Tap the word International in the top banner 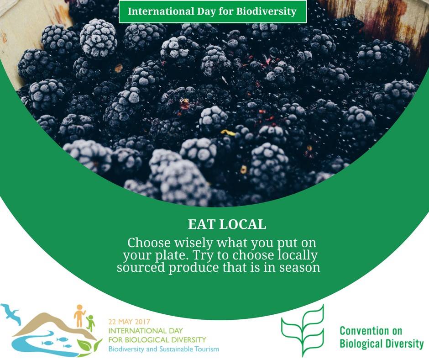click(x=161, y=11)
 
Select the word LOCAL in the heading click(x=243, y=224)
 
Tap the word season click(x=299, y=268)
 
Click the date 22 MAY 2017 click(x=130, y=322)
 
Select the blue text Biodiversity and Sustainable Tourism click(x=163, y=349)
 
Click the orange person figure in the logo click(x=79, y=316)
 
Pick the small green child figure click(x=90, y=323)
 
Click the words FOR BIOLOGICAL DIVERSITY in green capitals click(x=157, y=340)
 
